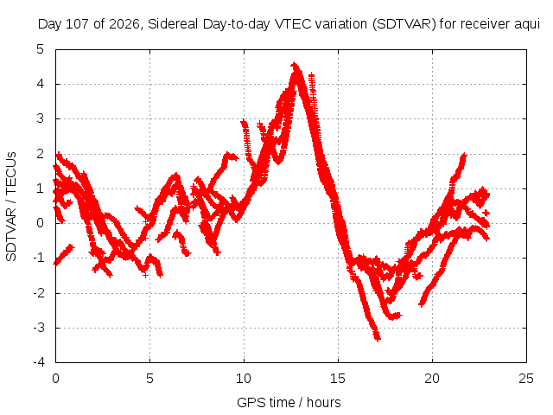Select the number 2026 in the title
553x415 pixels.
pos(124,24)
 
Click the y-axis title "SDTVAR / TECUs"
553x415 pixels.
pos(11,207)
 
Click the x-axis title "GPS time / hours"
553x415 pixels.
pos(289,402)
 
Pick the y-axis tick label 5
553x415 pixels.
pos(41,49)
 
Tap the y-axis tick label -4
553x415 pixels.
pos(38,362)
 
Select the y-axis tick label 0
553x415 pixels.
pos(41,223)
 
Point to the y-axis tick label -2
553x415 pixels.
pos(38,292)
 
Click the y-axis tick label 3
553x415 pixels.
pos(41,118)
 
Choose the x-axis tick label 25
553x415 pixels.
pos(526,379)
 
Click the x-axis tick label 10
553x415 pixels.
pos(244,379)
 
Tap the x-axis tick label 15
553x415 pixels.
pos(338,379)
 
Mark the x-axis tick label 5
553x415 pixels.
pos(149,379)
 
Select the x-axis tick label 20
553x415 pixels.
pos(432,379)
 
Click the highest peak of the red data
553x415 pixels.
pos(295,66)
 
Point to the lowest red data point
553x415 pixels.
pos(378,339)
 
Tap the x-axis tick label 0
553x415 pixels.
pos(55,379)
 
